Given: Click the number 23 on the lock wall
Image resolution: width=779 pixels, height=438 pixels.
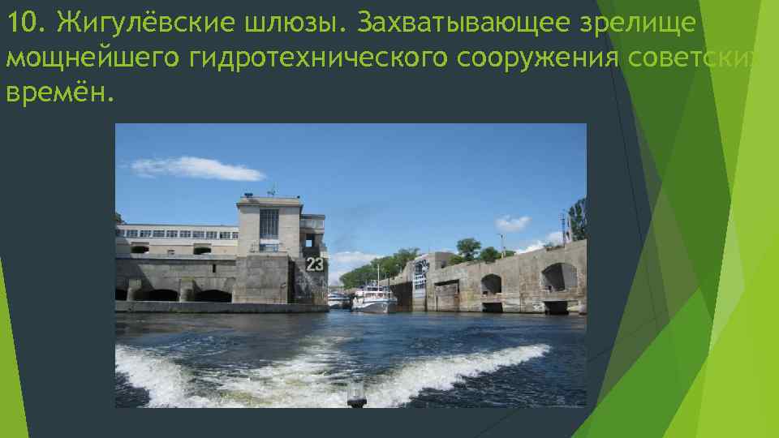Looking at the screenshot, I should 314,264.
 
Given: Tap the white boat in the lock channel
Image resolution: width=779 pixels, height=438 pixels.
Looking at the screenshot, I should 374,302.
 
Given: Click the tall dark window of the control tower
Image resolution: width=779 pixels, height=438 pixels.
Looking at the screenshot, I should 269,224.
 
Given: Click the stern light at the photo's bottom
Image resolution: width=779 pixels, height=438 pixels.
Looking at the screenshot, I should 355,398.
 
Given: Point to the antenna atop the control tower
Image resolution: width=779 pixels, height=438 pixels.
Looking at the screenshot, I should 272,191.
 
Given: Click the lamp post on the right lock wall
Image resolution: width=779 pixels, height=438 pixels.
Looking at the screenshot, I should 563,229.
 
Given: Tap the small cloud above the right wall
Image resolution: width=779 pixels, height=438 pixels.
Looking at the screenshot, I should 512,222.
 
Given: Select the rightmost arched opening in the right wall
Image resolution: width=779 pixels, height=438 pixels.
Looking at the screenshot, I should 558,277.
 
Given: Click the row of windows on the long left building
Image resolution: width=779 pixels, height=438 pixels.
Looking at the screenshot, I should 179,234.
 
